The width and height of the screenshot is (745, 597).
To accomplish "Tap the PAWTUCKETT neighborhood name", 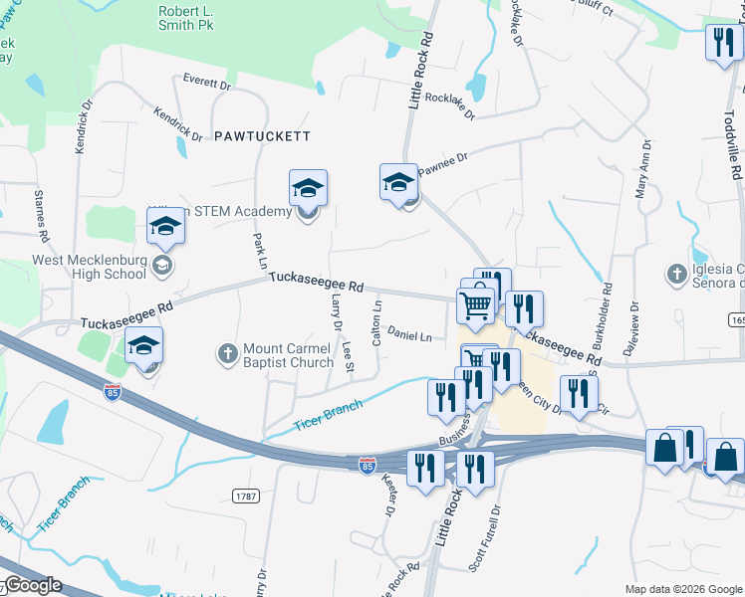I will coord(262,135).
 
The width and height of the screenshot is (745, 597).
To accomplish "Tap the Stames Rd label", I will coord(42,218).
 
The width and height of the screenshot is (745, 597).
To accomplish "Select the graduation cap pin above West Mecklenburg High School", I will coord(165,228).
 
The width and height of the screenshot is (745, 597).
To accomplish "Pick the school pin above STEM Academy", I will coord(309,187).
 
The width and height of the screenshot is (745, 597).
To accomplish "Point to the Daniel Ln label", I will coord(409,335).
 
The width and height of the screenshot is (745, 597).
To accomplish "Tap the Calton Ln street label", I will coord(376,322).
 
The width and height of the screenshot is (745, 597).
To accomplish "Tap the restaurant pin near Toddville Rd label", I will coord(721,43).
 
